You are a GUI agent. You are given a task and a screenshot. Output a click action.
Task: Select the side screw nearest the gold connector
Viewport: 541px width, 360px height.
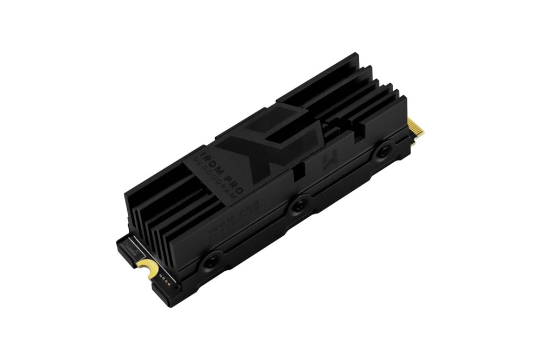[385, 151]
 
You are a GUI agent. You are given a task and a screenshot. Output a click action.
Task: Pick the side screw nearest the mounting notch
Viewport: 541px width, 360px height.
[210, 260]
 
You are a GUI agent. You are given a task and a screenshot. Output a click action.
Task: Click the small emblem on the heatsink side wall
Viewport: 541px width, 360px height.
[327, 160]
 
